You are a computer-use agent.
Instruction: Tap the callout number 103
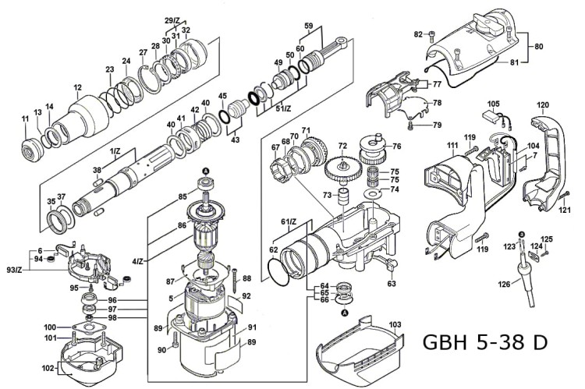click(x=395, y=324)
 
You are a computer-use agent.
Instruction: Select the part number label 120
click(x=543, y=104)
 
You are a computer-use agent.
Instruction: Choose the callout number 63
click(x=392, y=285)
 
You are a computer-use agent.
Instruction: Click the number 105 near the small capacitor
click(x=493, y=104)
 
